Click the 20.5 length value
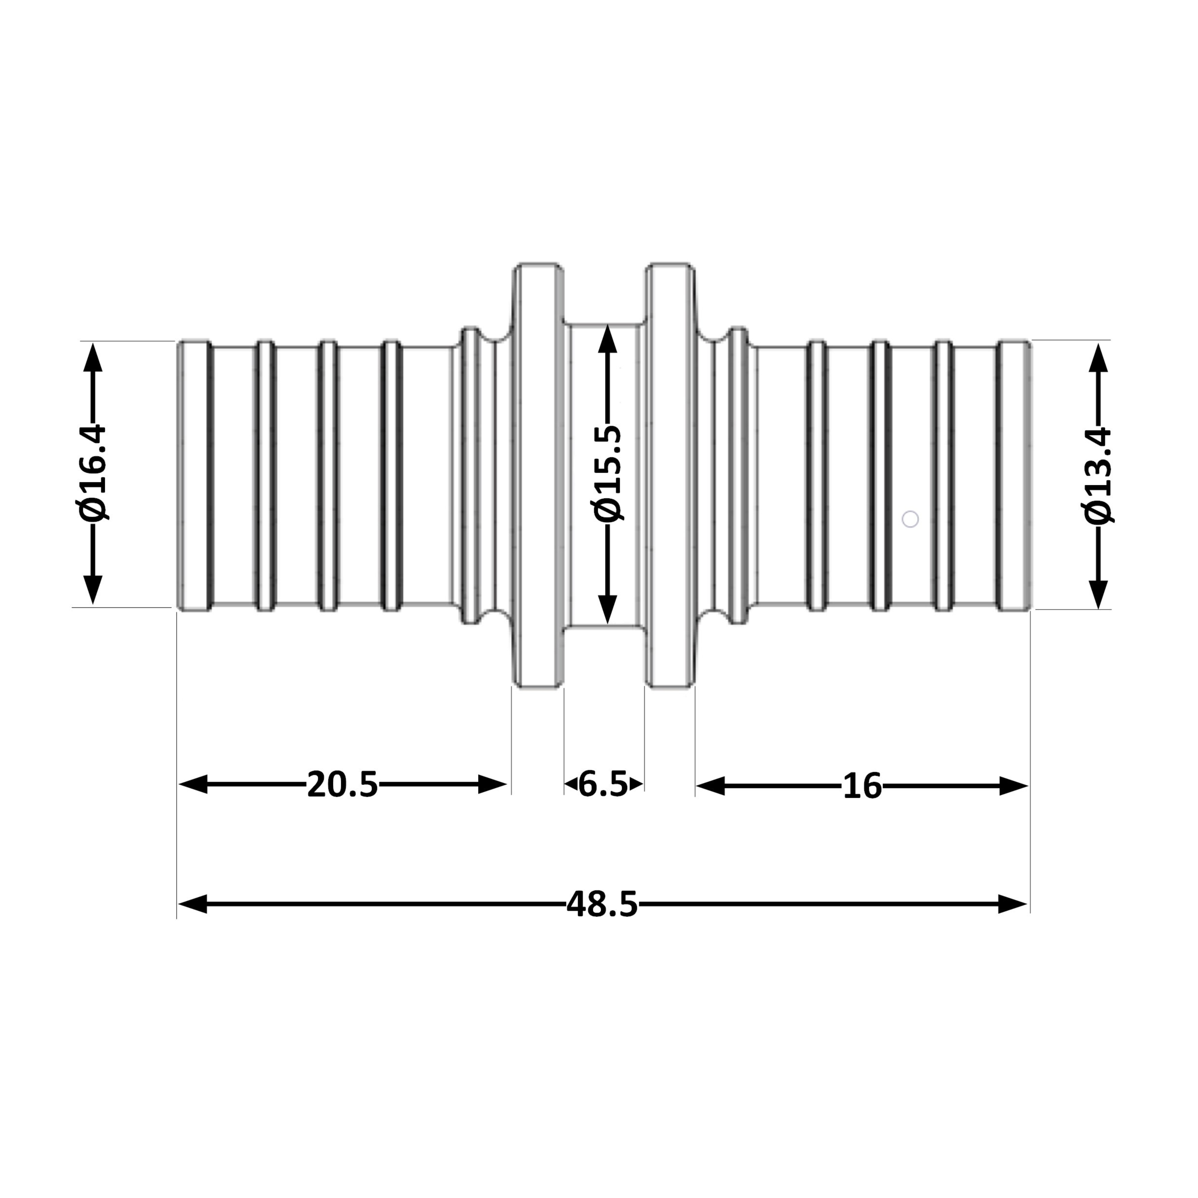pos(342,784)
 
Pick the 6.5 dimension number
pos(603,784)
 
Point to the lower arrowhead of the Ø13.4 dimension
pos(1098,594)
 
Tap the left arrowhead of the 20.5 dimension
pos(193,784)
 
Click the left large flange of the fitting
pos(538,476)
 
